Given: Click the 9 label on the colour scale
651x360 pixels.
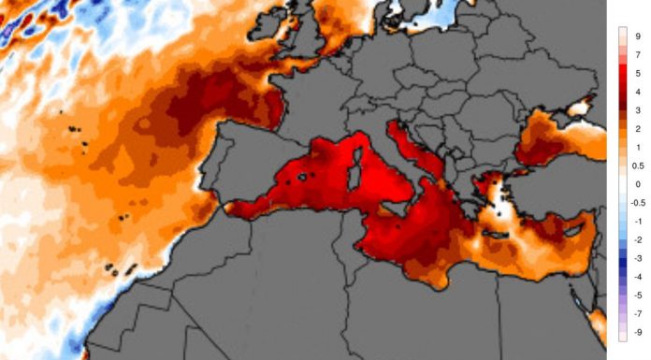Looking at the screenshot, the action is [x=637, y=36].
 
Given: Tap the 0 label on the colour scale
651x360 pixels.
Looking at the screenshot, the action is [x=637, y=184].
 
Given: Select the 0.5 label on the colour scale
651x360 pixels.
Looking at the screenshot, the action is [x=637, y=166].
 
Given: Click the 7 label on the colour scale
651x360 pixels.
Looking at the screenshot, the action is [x=637, y=54].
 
